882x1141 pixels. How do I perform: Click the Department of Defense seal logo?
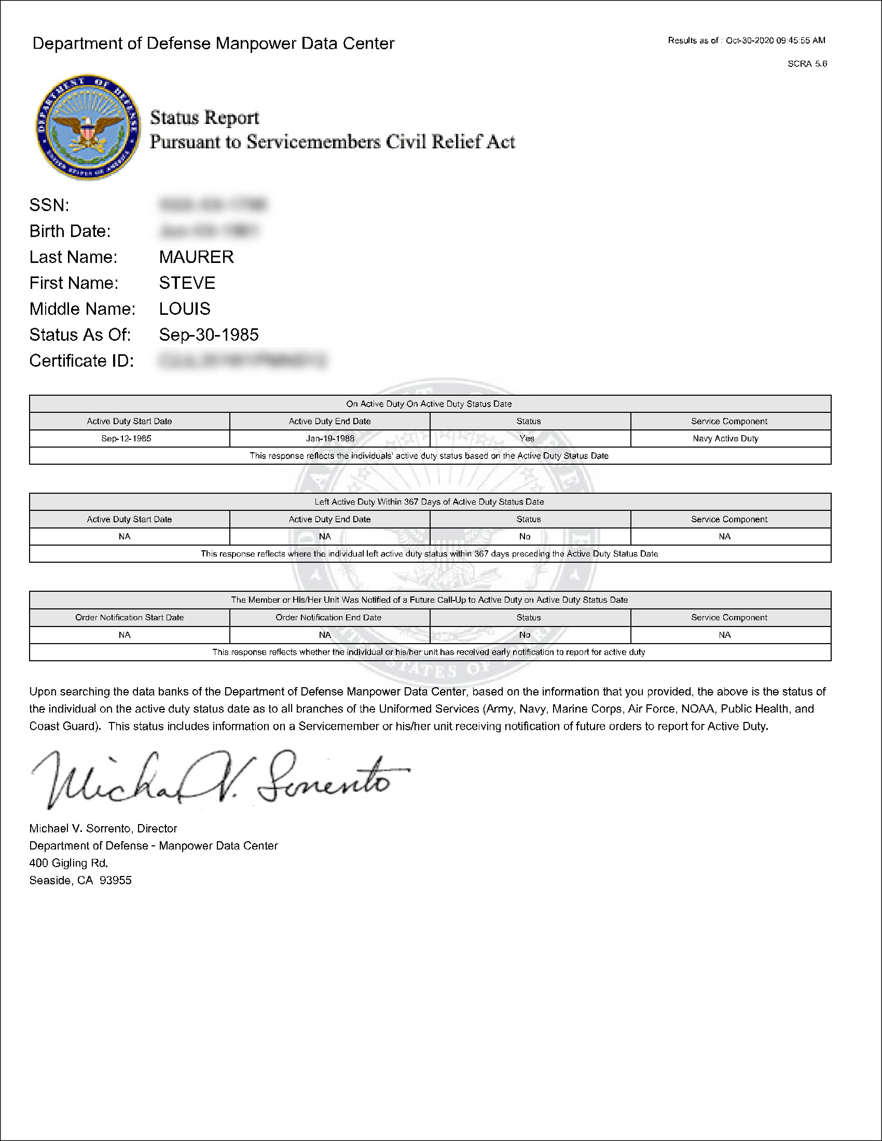click(x=88, y=127)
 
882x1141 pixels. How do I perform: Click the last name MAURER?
click(x=197, y=257)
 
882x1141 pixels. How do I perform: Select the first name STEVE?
click(x=187, y=283)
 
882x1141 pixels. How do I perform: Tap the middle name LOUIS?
click(x=185, y=309)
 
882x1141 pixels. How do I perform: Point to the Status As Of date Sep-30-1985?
click(x=209, y=335)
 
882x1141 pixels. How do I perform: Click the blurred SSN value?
click(x=212, y=205)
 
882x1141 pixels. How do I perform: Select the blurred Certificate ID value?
click(x=242, y=360)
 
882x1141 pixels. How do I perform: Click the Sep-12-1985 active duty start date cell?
click(x=126, y=438)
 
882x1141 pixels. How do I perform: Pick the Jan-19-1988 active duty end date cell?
click(x=329, y=438)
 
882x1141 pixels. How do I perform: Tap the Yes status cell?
click(x=527, y=438)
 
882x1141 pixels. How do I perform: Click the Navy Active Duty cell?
click(x=725, y=438)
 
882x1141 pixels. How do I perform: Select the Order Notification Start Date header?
click(x=129, y=618)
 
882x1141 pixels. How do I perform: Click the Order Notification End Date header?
click(x=328, y=618)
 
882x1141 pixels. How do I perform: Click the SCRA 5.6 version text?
click(x=807, y=64)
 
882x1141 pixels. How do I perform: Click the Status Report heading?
click(x=204, y=118)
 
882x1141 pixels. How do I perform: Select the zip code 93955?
click(x=116, y=880)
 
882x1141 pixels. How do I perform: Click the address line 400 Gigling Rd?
click(x=68, y=863)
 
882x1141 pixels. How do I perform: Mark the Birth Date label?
click(x=70, y=231)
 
